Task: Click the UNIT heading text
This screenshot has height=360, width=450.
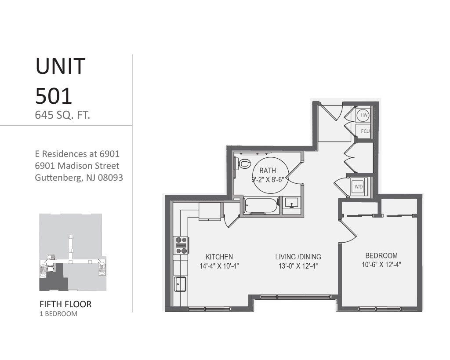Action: [x=60, y=66]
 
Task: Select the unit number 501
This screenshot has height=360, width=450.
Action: [x=53, y=95]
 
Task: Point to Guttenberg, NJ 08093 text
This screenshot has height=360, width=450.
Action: [x=79, y=178]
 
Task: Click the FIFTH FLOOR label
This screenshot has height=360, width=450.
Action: [x=65, y=304]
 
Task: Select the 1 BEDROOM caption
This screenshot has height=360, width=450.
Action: [x=58, y=314]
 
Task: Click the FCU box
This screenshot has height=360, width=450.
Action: [x=364, y=131]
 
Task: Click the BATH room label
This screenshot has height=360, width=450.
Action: [x=268, y=171]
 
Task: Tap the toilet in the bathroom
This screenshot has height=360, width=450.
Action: [x=242, y=164]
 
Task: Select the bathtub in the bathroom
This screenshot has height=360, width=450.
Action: [x=261, y=206]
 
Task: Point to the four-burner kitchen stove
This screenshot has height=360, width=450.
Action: [x=181, y=245]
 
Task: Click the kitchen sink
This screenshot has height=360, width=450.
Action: [x=180, y=284]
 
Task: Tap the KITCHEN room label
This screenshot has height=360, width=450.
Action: [x=219, y=257]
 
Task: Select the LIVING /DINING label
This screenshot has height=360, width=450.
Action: [x=298, y=257]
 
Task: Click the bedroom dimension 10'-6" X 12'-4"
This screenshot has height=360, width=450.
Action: [x=381, y=265]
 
